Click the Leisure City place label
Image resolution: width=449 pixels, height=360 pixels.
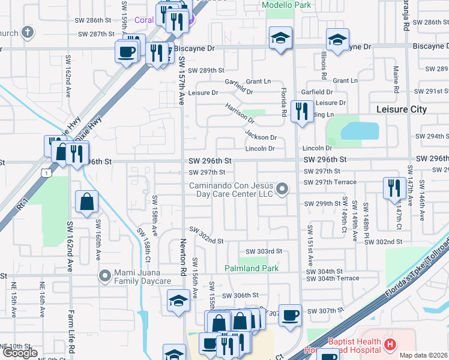(x=401, y=109)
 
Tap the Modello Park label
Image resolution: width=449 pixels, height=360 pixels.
(x=286, y=5)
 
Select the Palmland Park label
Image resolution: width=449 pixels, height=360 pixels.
(x=252, y=268)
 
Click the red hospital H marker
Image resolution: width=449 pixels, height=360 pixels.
(x=391, y=344)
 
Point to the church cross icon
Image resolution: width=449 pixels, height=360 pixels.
(x=27, y=32)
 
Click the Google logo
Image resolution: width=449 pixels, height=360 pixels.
(x=20, y=353)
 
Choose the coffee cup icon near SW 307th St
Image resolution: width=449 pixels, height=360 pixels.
(x=291, y=315)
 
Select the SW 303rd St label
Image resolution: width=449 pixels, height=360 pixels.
(x=264, y=251)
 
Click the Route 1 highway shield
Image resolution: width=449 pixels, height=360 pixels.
(x=46, y=172)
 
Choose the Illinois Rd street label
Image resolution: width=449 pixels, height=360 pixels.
(x=324, y=66)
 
